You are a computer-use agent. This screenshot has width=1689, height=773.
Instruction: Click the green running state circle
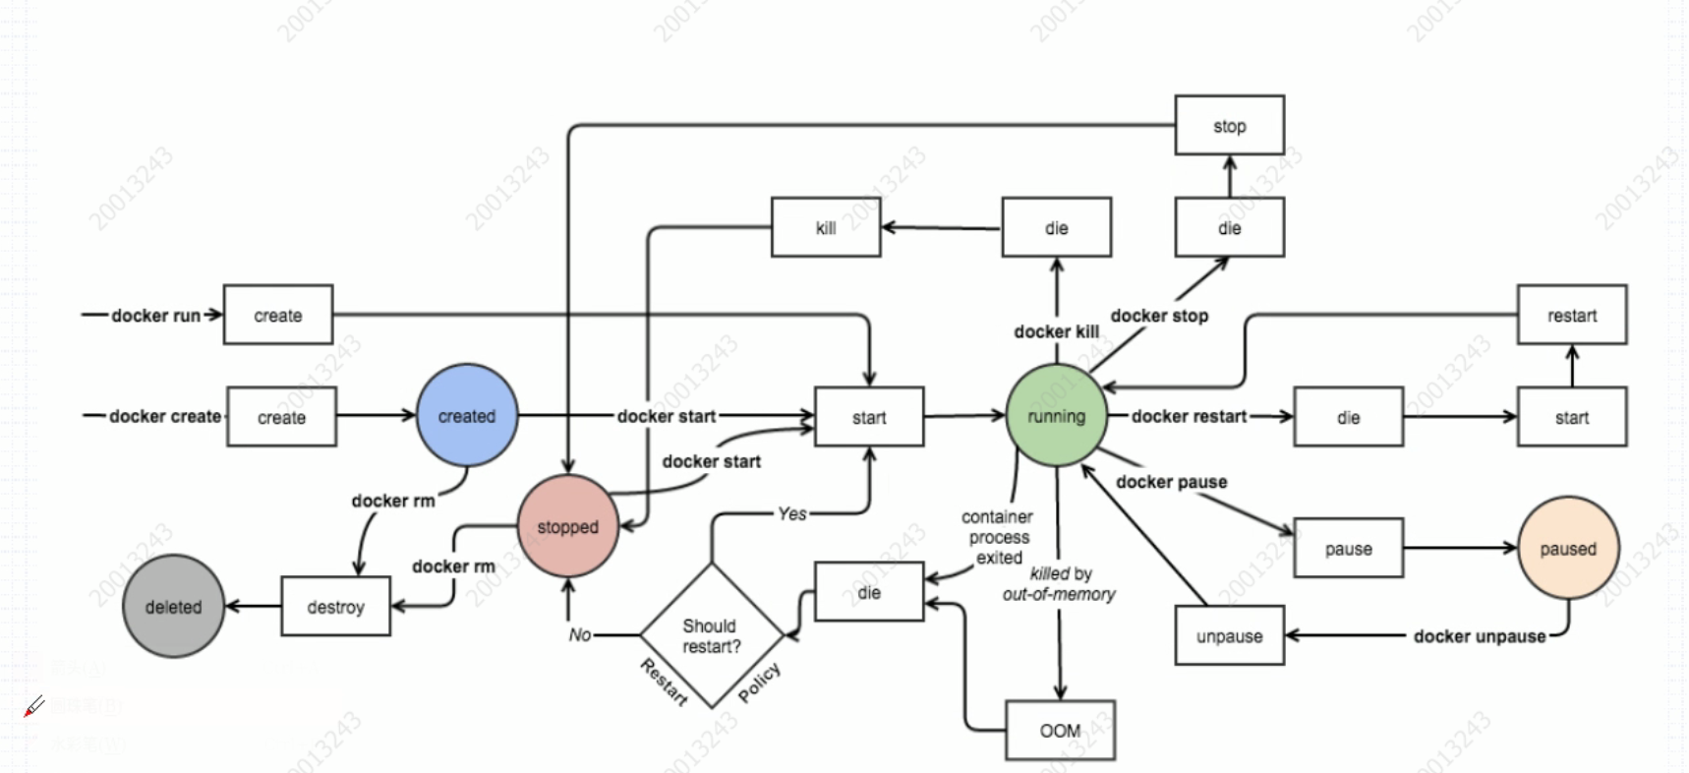pyautogui.click(x=1056, y=416)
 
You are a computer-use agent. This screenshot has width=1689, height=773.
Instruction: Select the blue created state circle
pyautogui.click(x=467, y=416)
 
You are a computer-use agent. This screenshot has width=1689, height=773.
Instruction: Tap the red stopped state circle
pyautogui.click(x=567, y=527)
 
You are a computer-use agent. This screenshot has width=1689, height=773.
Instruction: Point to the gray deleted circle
pyautogui.click(x=173, y=607)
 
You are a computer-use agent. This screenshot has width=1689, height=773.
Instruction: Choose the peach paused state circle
pyautogui.click(x=1567, y=549)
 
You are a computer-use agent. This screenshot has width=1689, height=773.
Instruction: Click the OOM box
pyautogui.click(x=1060, y=731)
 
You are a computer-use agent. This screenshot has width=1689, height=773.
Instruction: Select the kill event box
pyautogui.click(x=825, y=228)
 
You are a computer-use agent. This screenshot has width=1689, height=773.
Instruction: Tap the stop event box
pyautogui.click(x=1229, y=126)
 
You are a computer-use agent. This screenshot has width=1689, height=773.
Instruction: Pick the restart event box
pyautogui.click(x=1571, y=316)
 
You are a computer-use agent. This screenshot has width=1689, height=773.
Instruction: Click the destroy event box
pyautogui.click(x=335, y=607)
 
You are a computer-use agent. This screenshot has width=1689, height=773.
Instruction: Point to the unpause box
pyautogui.click(x=1229, y=636)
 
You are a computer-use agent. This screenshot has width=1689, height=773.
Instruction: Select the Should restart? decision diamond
pyautogui.click(x=711, y=635)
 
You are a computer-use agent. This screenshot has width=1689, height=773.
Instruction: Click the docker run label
pyautogui.click(x=155, y=316)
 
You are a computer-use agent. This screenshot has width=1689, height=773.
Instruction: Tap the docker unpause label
pyautogui.click(x=1479, y=636)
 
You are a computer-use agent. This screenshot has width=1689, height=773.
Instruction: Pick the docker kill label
pyautogui.click(x=1056, y=331)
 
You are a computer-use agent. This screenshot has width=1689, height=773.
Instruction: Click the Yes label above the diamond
pyautogui.click(x=791, y=513)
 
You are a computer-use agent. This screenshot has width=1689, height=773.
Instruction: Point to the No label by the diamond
pyautogui.click(x=580, y=635)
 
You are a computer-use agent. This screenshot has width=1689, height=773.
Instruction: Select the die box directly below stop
pyautogui.click(x=1229, y=228)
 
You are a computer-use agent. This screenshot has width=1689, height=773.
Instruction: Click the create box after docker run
pyautogui.click(x=278, y=316)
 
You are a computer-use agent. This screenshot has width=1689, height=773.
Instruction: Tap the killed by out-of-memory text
pyautogui.click(x=1059, y=584)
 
